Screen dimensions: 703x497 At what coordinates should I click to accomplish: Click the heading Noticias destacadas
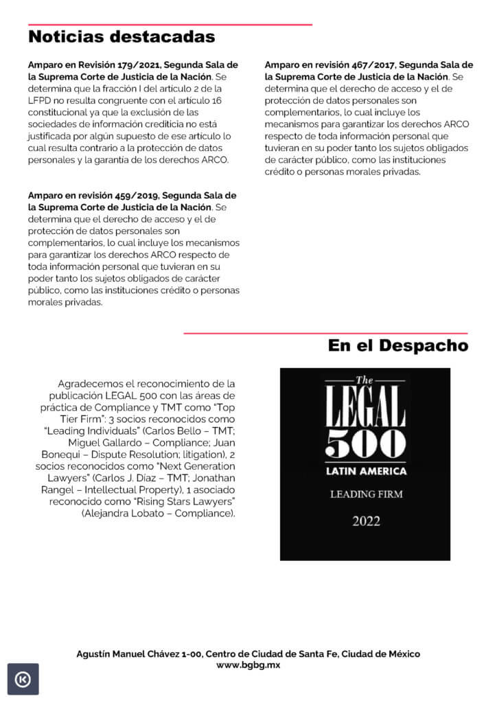[x=122, y=36]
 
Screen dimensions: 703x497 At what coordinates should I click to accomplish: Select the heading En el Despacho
[x=398, y=345]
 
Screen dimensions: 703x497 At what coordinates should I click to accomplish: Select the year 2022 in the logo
[x=365, y=521]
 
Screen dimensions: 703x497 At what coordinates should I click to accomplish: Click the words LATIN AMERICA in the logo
[x=365, y=471]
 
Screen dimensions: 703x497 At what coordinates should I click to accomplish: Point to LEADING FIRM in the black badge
[x=365, y=494]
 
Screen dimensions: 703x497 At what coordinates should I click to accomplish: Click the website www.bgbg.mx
[x=248, y=665]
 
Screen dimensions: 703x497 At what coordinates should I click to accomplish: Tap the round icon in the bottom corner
[x=23, y=679]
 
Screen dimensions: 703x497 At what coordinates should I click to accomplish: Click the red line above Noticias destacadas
[x=170, y=25]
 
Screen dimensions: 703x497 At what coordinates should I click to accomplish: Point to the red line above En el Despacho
[x=325, y=334]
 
